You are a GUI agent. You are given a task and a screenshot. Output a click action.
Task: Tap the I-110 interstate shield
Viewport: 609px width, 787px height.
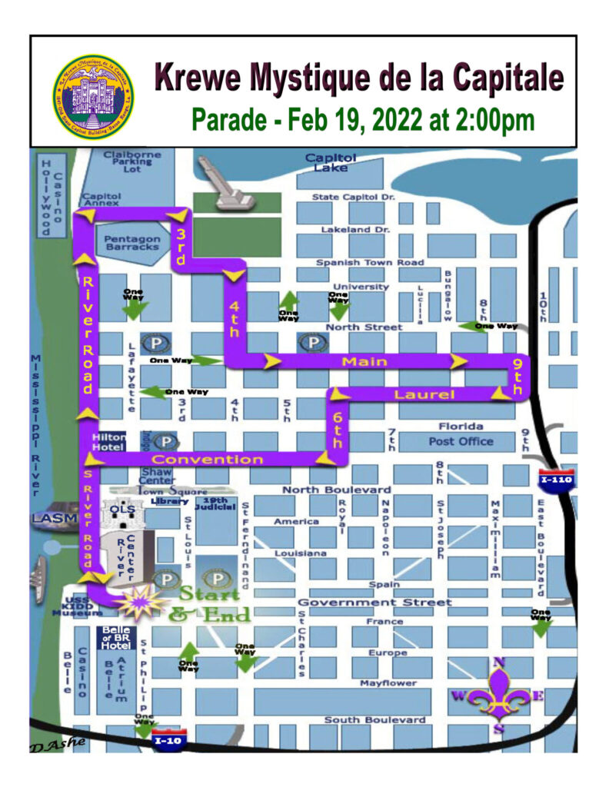554,478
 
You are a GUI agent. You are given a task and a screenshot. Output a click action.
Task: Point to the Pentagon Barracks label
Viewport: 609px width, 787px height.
132,244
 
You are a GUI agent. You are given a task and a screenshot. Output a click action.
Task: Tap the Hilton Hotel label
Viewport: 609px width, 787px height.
107,441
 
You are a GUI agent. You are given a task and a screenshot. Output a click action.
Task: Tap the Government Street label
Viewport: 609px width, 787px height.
374,602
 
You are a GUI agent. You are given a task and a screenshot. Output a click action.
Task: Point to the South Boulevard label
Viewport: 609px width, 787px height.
374,720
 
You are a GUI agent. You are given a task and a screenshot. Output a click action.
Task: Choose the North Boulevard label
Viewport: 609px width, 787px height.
336,490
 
